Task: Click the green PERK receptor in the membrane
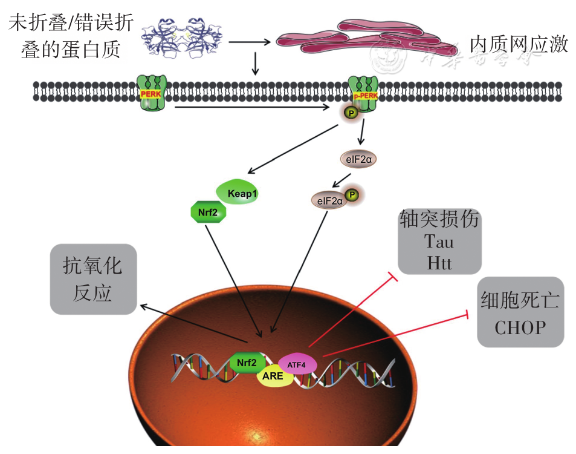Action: [152, 93]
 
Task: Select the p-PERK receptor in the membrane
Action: [364, 91]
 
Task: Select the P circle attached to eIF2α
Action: [352, 196]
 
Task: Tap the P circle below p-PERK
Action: [350, 112]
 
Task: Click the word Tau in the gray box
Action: [439, 242]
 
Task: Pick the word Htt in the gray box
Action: [439, 263]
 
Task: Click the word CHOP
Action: [520, 328]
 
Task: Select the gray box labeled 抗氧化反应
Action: [94, 279]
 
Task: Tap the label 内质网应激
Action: [519, 44]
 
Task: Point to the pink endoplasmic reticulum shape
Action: [363, 39]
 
